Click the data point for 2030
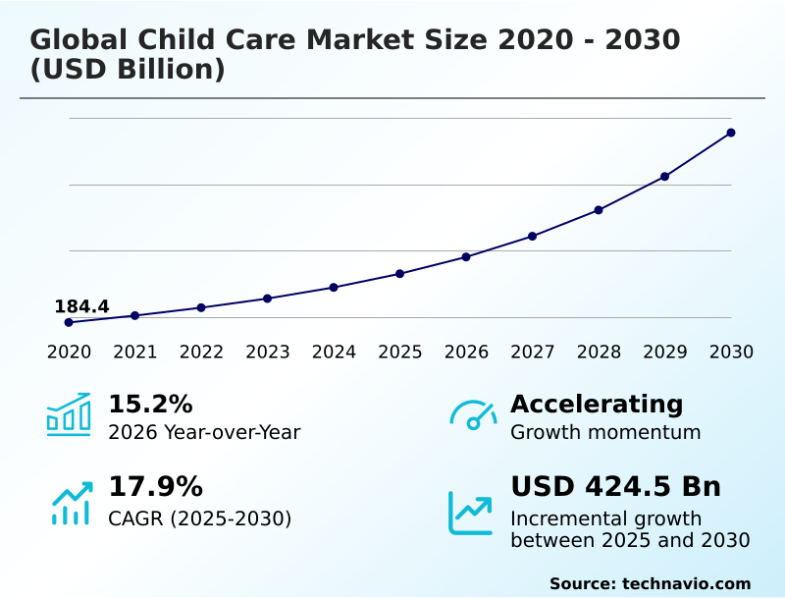(731, 133)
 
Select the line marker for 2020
(69, 322)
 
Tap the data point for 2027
(532, 236)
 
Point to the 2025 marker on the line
(400, 273)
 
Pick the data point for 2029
(664, 177)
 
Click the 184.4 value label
(81, 306)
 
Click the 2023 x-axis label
(267, 352)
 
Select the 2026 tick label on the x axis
(466, 352)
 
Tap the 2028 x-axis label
(599, 352)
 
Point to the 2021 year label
(135, 352)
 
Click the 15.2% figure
(150, 404)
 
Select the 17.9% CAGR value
(155, 487)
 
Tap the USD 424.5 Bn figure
(615, 487)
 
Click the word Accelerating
(597, 404)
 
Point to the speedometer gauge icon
(472, 414)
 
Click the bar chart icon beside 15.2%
(69, 414)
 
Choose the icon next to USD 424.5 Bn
(470, 513)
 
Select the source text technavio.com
(686, 583)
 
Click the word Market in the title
(363, 40)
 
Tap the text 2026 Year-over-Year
(204, 432)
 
